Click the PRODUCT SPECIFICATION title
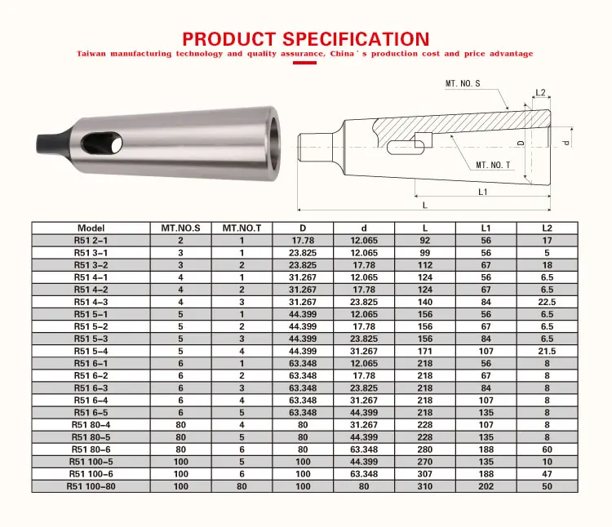[306, 39]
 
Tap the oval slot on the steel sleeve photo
[102, 143]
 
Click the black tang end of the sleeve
[53, 144]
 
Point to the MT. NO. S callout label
[463, 83]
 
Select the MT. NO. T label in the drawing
[493, 165]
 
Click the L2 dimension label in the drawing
[540, 92]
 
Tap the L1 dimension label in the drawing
[483, 192]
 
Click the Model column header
[91, 228]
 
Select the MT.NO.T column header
[242, 228]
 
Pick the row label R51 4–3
[91, 302]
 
